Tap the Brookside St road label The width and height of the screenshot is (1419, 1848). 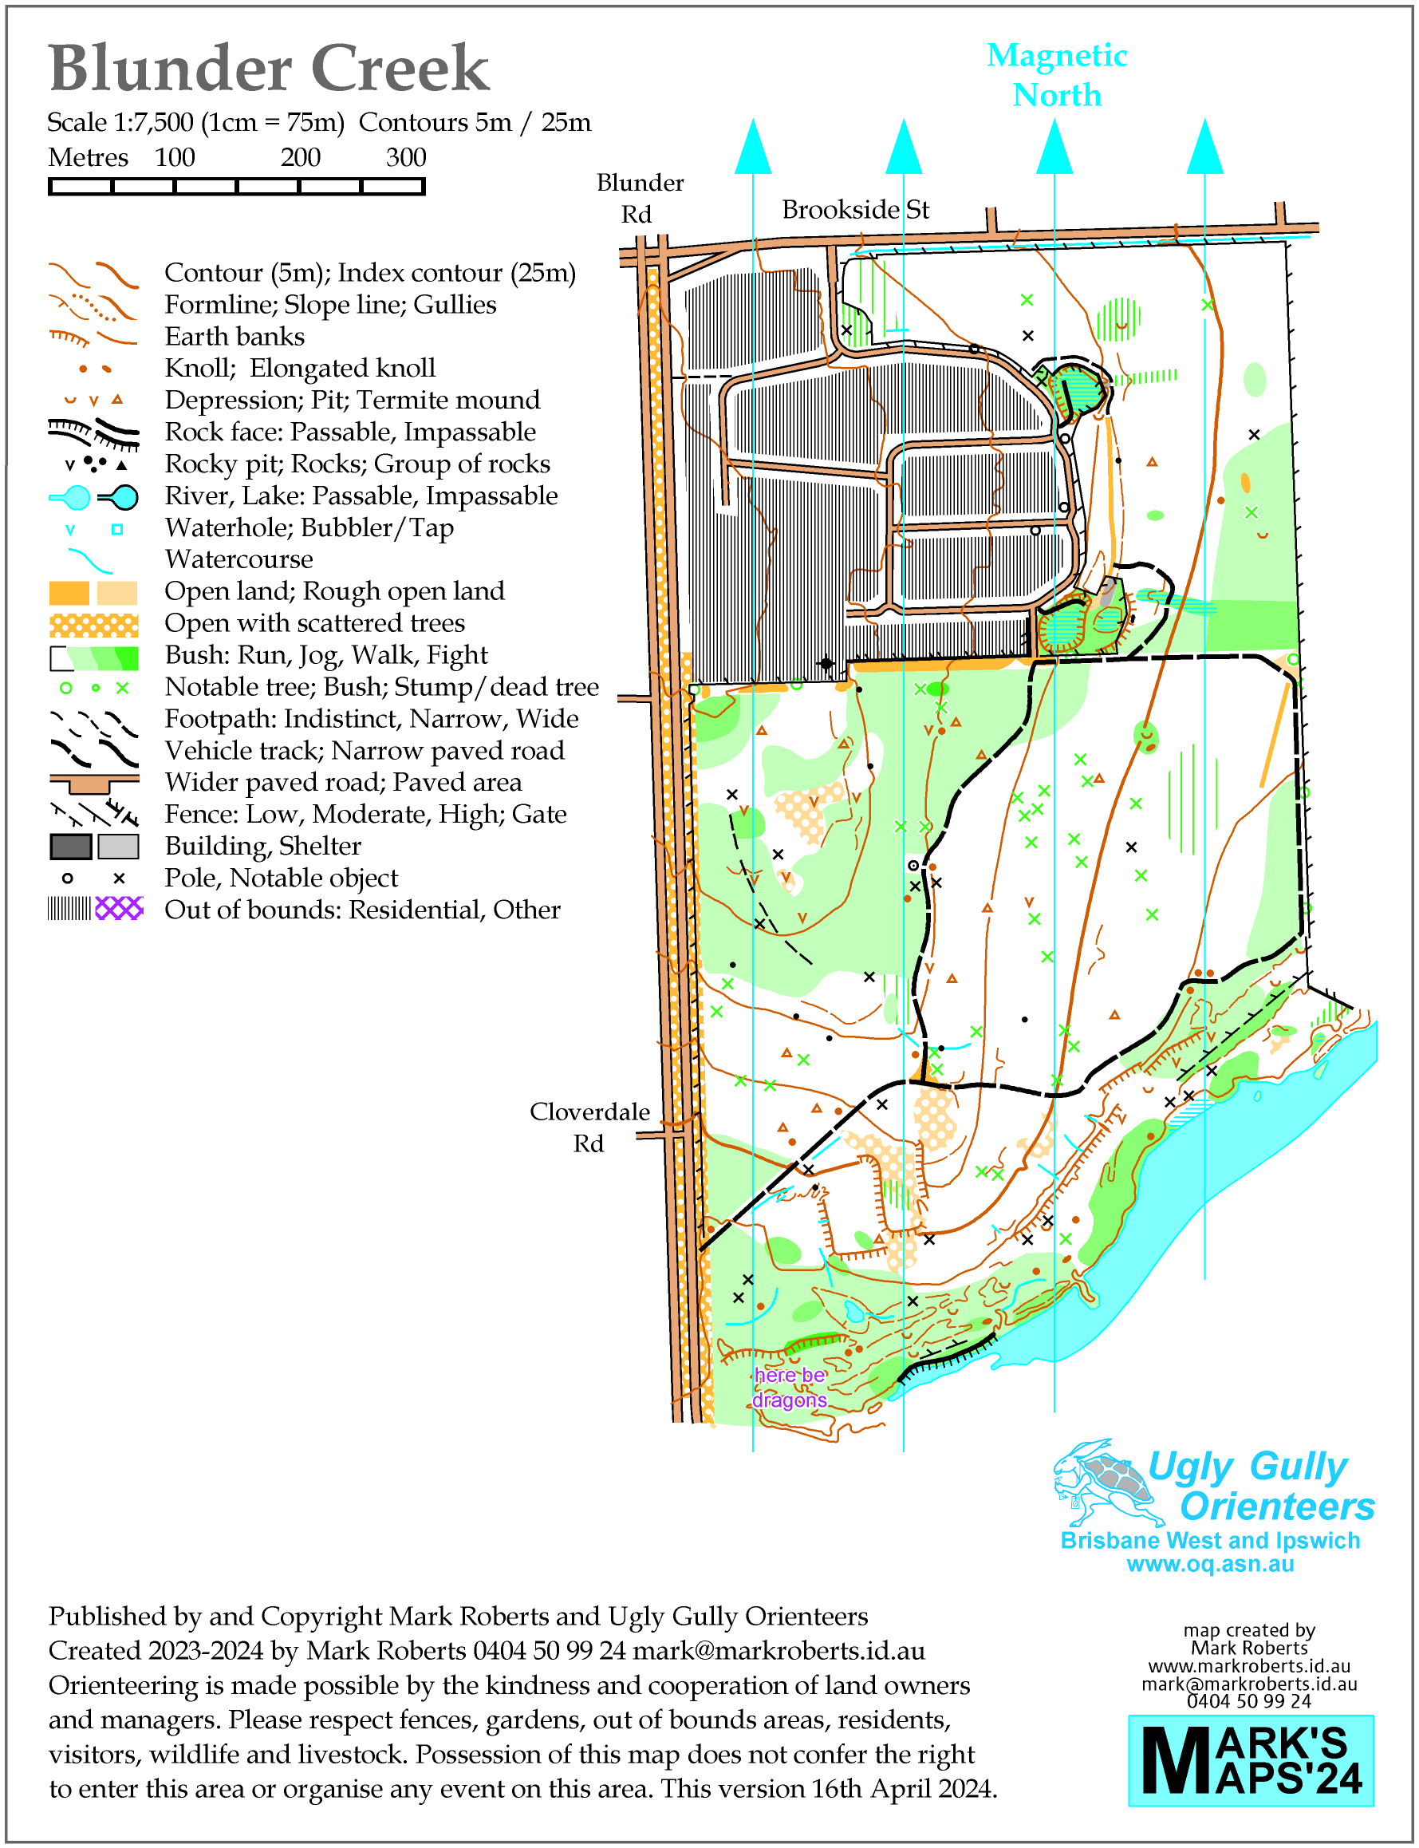[855, 210]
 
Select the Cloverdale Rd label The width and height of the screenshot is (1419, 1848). [589, 1127]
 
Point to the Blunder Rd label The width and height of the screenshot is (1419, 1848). [640, 198]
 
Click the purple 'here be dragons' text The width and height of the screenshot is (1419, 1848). [790, 1388]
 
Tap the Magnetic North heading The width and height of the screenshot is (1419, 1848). [1057, 75]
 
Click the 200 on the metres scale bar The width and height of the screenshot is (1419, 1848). [300, 158]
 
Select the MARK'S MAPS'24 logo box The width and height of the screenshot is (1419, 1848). [1251, 1760]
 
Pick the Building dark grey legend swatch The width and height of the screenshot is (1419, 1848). [70, 846]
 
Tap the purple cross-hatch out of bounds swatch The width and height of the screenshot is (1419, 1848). [119, 909]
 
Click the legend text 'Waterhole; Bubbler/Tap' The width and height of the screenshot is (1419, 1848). [309, 528]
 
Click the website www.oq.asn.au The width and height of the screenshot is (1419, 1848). [1209, 1564]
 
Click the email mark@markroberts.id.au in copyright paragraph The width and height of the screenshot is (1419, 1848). [778, 1651]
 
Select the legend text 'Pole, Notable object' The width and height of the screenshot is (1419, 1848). [281, 878]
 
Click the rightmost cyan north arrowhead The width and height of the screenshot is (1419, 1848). [1204, 147]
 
